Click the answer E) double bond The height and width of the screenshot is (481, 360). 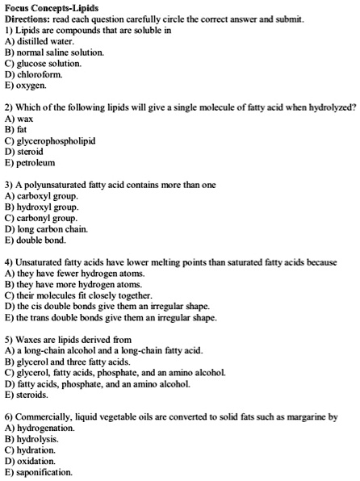[37, 240]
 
